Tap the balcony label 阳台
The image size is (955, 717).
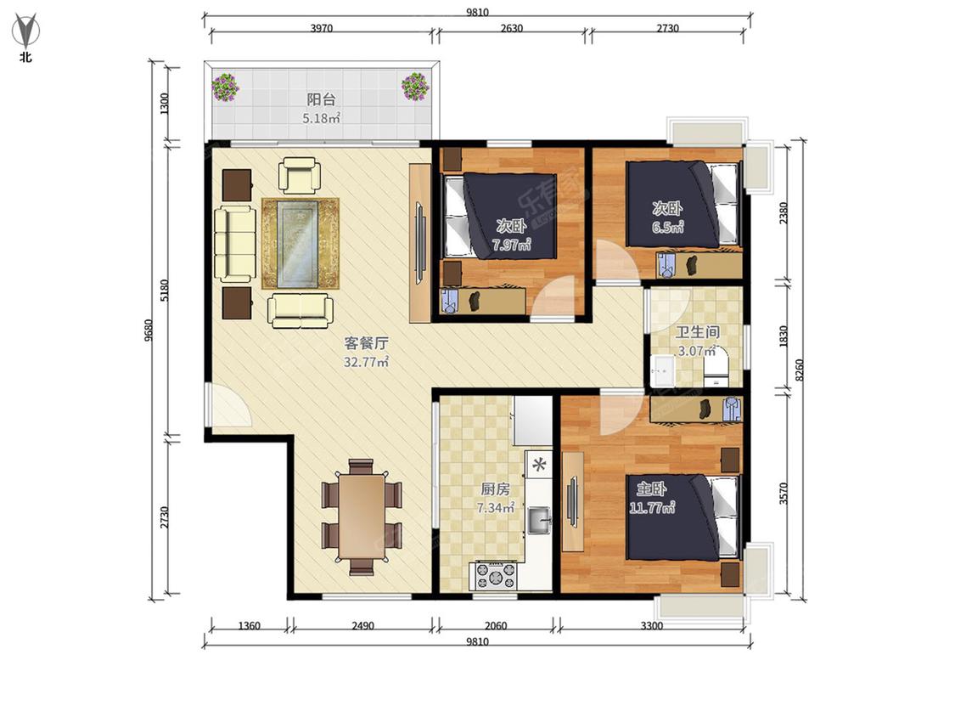tap(321, 99)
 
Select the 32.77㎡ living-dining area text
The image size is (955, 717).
tap(366, 362)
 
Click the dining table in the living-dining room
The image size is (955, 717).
tap(362, 517)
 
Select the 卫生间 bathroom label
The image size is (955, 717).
tap(698, 332)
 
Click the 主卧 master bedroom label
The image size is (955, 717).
tap(652, 489)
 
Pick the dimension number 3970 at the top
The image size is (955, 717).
tap(322, 28)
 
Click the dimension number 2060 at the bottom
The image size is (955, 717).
tap(496, 625)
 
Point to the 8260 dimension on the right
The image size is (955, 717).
tap(800, 370)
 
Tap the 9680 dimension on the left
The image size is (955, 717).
tap(149, 330)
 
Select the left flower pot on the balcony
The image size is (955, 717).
tap(225, 88)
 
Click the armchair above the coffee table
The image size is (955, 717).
tap(299, 175)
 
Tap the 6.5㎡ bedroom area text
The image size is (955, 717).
tap(667, 228)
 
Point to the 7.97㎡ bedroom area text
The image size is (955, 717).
tap(511, 246)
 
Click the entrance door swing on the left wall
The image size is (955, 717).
tap(229, 405)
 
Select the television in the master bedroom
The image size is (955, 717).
tap(572, 500)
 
